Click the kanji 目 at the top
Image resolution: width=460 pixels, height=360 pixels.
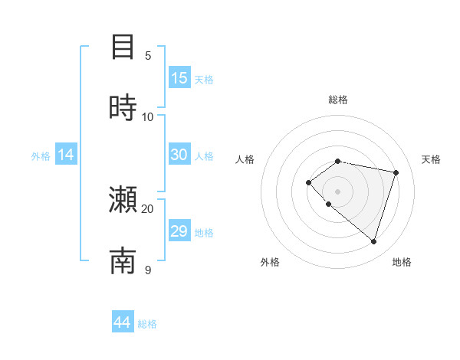pos(123,47)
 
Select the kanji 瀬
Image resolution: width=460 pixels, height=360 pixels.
pos(123,200)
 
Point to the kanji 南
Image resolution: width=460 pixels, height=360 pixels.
pos(123,260)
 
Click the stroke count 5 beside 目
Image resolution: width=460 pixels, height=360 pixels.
pos(148,55)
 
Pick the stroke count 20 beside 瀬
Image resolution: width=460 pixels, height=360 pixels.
pos(148,208)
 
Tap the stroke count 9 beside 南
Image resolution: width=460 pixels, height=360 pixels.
pos(148,270)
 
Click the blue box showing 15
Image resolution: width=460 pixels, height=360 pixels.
pos(179,78)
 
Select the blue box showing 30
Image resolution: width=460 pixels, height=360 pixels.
pos(179,155)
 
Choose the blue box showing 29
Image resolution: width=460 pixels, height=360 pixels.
pos(179,231)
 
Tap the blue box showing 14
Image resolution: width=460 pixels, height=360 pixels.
pos(66,155)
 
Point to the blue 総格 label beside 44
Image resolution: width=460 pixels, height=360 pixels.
pos(147,324)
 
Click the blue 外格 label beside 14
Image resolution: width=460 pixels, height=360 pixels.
pos(41,156)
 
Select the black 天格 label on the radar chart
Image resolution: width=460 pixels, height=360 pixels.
pos(431,159)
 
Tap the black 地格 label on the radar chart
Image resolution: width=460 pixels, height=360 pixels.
pos(402,262)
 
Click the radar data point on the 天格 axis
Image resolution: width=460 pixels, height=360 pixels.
pos(396,172)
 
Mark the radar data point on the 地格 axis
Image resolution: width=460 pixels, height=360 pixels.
pos(373,241)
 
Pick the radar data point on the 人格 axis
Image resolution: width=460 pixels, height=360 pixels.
pos(308,182)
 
